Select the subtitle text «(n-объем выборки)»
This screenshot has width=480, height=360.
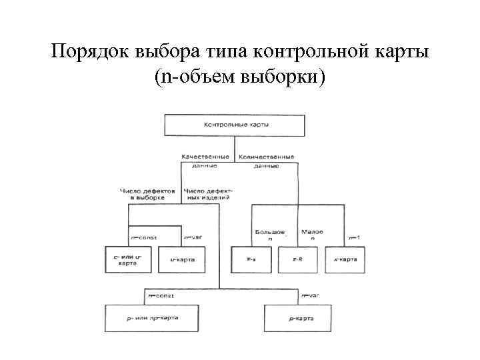coord(239,77)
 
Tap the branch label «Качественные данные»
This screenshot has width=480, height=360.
coord(205,161)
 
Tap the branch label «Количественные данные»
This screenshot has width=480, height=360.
coord(266,161)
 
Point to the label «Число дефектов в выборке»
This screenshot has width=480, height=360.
coord(148,194)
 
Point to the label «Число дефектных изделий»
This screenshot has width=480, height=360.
coord(207,194)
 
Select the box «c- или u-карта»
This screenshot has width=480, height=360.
coord(129,259)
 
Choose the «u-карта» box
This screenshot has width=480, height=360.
coord(181,259)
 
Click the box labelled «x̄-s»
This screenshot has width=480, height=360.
coord(253,259)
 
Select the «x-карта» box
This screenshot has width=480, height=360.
coord(345,259)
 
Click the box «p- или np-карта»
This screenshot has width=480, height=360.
coord(151,318)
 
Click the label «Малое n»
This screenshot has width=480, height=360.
coord(312,235)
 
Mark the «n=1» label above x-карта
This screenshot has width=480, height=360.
coord(355,237)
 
